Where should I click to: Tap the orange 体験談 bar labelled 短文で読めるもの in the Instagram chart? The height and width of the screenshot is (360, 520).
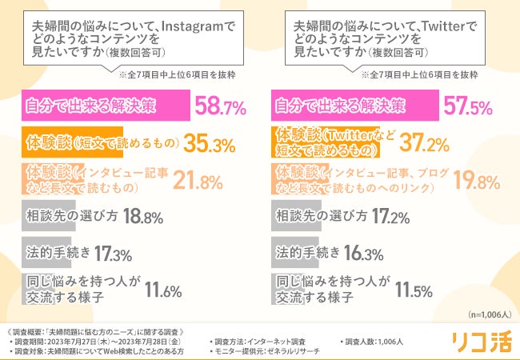71,142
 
